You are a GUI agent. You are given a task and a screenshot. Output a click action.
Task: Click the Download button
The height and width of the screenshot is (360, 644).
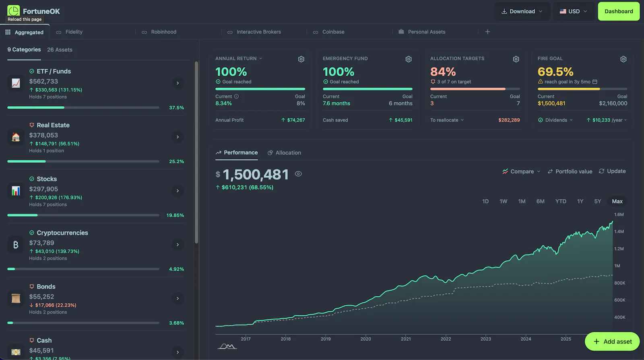[522, 11]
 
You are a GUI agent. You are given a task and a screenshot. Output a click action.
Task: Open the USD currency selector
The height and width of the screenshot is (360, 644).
[573, 11]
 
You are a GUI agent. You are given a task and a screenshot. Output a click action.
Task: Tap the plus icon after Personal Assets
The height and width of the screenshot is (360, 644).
[487, 32]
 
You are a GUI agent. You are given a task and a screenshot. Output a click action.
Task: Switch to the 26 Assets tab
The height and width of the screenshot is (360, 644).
[60, 50]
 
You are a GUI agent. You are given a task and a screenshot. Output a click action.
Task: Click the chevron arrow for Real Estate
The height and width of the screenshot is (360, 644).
[178, 137]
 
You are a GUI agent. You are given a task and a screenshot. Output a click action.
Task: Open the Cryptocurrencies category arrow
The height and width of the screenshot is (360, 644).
[178, 245]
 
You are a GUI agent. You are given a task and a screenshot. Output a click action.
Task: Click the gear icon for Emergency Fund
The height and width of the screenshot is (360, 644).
[409, 59]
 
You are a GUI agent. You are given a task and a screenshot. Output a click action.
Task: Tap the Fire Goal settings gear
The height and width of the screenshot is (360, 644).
[623, 59]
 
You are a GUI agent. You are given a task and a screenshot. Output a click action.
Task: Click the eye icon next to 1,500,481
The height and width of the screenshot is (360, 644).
[298, 174]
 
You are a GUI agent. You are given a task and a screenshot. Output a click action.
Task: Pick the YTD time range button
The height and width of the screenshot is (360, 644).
[561, 202]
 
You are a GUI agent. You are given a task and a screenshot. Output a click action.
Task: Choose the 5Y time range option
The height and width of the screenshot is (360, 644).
[597, 202]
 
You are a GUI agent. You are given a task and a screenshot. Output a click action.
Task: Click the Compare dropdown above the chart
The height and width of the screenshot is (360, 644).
[521, 171]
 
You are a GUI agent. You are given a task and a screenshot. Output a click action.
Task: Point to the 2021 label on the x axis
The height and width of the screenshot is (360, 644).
[406, 339]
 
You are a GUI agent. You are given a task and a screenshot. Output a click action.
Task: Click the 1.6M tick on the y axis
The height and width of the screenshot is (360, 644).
[619, 215]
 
